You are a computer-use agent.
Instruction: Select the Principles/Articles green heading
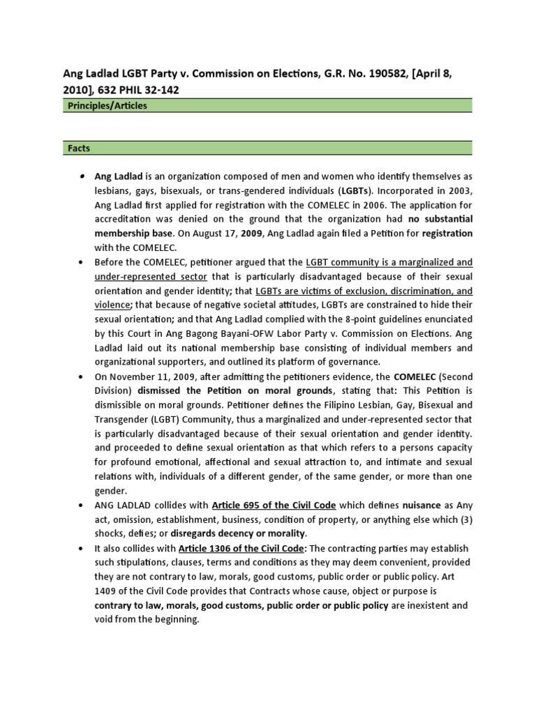(x=107, y=105)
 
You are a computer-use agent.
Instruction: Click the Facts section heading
(x=80, y=149)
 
